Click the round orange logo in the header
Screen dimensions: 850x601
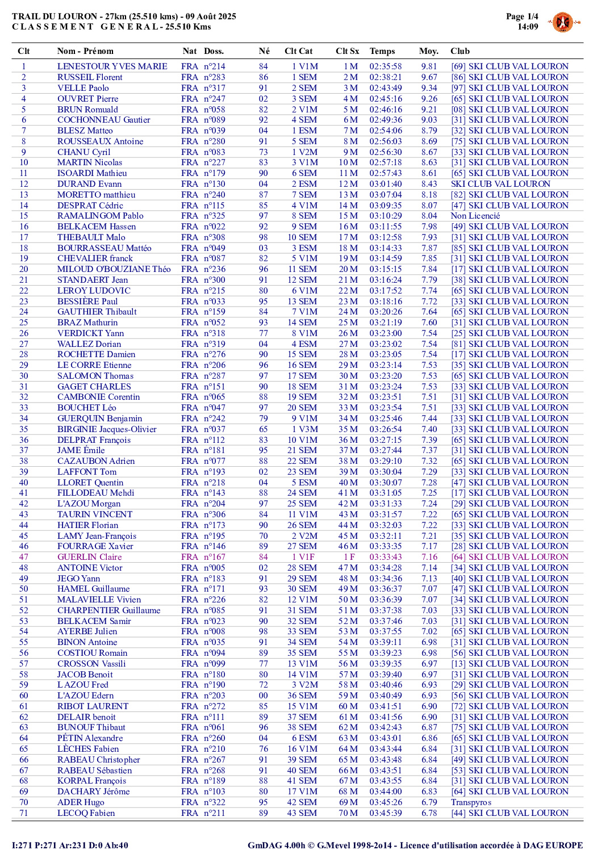point(562,23)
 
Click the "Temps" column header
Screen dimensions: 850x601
point(382,51)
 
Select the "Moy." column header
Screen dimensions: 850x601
point(428,51)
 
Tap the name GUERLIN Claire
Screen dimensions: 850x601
point(89,557)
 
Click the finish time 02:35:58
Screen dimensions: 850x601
point(385,66)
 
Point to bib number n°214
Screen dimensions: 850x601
point(215,66)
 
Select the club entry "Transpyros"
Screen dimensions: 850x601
point(471,802)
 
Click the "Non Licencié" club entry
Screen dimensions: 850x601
point(475,216)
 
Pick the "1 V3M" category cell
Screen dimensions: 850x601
point(304,429)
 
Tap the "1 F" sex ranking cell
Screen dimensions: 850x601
point(349,557)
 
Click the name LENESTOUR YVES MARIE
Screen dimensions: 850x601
point(112,66)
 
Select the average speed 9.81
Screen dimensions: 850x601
point(429,66)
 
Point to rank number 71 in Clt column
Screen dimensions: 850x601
point(24,813)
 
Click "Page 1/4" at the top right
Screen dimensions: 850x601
point(521,16)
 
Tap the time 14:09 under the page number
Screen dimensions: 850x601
point(527,27)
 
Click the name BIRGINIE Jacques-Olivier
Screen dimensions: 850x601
point(107,429)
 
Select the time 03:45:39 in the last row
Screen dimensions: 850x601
point(385,813)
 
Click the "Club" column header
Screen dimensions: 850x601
point(460,51)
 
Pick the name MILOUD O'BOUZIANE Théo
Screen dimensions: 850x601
point(114,269)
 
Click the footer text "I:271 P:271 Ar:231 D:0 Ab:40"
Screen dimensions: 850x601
point(70,845)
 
